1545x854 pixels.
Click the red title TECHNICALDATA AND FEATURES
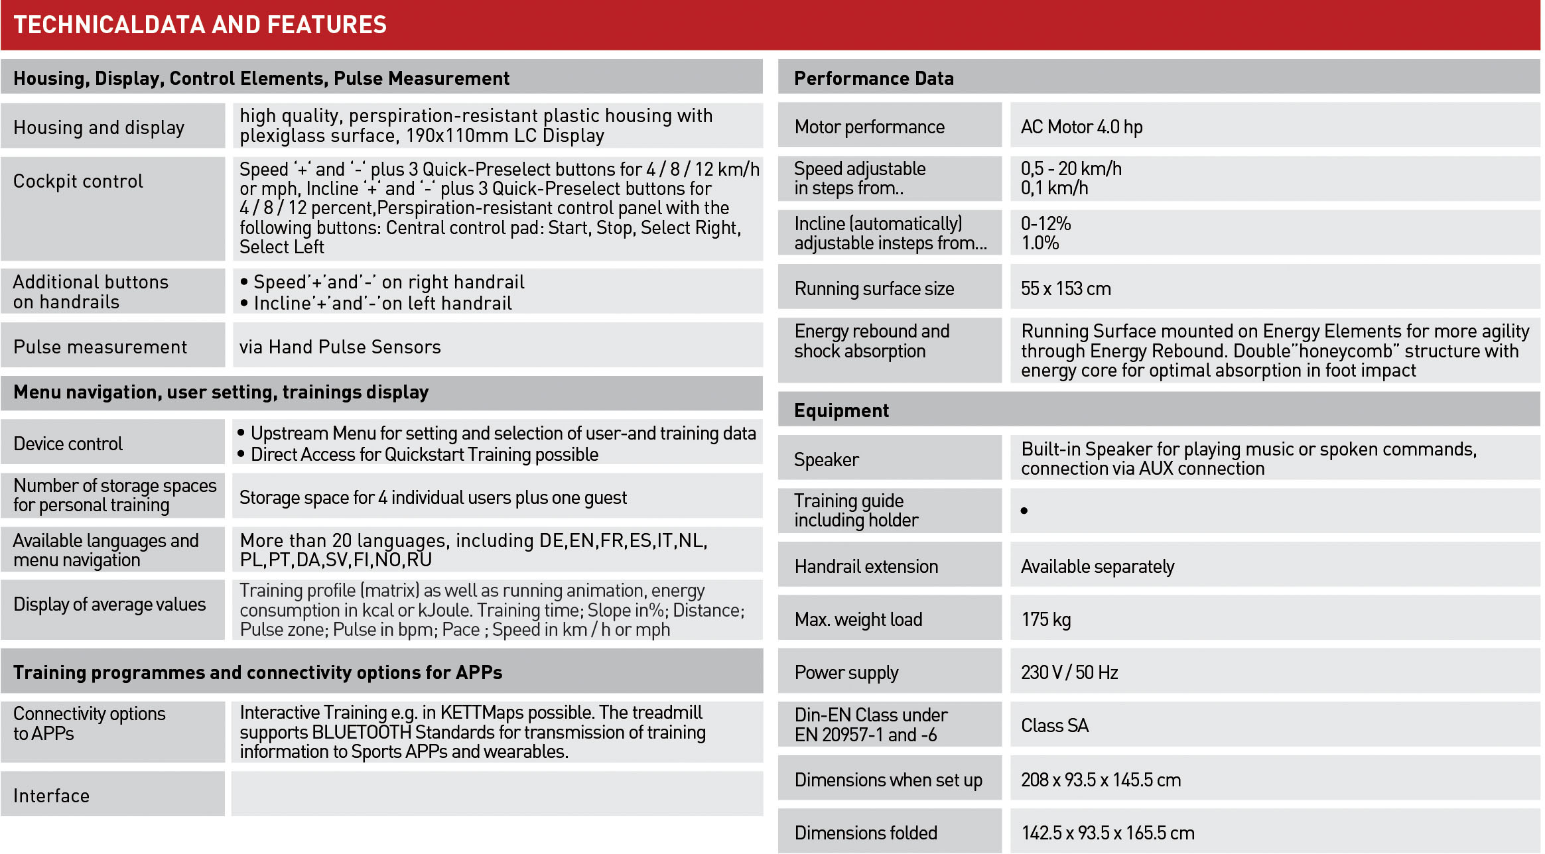point(200,25)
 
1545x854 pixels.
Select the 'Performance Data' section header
point(874,78)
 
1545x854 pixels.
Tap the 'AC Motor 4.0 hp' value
point(1081,127)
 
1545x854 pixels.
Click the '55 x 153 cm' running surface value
point(1065,288)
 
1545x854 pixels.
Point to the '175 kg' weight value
point(1045,619)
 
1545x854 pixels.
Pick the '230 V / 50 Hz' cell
point(1069,672)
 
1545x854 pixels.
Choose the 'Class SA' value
point(1055,725)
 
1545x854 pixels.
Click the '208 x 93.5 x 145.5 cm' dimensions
point(1101,780)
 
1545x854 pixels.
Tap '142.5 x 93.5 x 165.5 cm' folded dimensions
point(1107,833)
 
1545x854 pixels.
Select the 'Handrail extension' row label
point(866,566)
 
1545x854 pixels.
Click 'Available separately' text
point(1097,566)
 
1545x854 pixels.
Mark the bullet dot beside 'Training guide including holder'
point(1024,511)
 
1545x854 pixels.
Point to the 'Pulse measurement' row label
point(100,347)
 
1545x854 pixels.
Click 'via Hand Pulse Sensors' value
point(340,347)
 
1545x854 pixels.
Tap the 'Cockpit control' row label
point(78,181)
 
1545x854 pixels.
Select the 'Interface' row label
point(51,796)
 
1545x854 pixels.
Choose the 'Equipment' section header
point(841,410)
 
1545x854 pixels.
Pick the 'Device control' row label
point(68,444)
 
